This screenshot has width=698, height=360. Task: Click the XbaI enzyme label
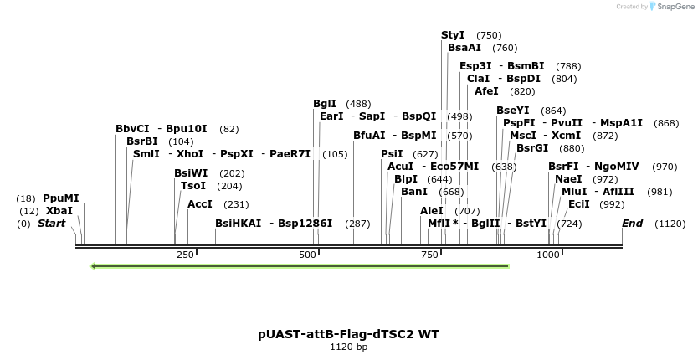click(59, 211)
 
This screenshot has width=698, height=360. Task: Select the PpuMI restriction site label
click(60, 198)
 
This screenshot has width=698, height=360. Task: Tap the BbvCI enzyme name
click(132, 129)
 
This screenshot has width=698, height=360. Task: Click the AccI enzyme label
click(200, 204)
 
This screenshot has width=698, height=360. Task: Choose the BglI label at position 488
click(325, 104)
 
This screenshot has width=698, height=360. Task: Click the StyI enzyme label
click(453, 35)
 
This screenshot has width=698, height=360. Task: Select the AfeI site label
click(486, 91)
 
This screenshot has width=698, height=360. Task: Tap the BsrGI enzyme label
click(532, 148)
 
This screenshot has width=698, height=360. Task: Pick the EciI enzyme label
click(578, 204)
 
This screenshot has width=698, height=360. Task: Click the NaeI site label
click(568, 179)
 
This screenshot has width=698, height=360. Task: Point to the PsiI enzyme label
click(392, 154)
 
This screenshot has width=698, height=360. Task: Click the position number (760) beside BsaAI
click(505, 49)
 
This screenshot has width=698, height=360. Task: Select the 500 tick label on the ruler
click(308, 255)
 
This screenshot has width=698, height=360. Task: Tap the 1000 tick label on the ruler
click(548, 255)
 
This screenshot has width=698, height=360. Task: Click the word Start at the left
click(51, 224)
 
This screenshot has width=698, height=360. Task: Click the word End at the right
click(632, 224)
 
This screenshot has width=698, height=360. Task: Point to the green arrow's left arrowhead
click(93, 266)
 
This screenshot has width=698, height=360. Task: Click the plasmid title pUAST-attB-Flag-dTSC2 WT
click(348, 333)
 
